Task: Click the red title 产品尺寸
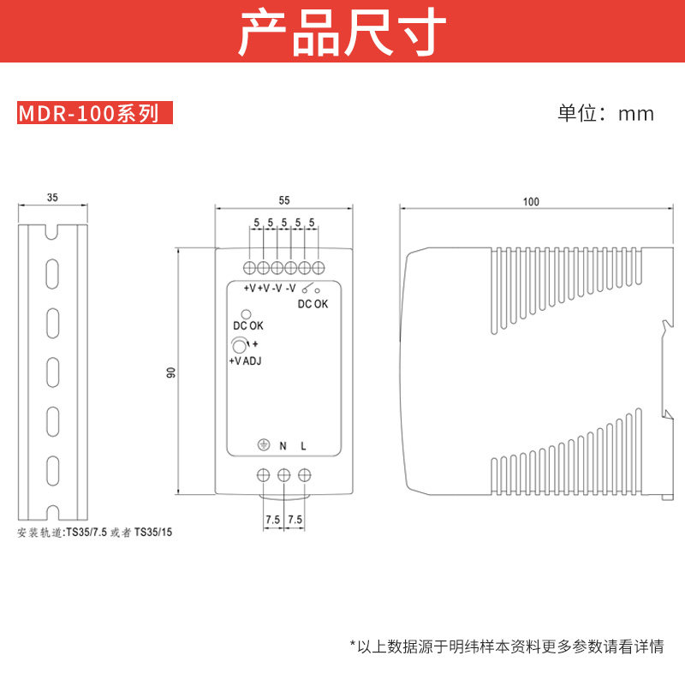coord(342,33)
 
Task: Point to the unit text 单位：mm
coord(605,113)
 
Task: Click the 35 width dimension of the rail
coord(52,197)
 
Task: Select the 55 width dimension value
coord(284,200)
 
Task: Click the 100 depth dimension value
coord(531,202)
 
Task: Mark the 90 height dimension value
coord(170,372)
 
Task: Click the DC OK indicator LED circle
coord(247,314)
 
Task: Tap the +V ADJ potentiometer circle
coord(239,346)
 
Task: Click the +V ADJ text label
coord(245,361)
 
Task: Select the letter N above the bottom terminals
coord(283,445)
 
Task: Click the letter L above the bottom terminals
coord(304,445)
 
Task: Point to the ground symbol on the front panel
coord(263,444)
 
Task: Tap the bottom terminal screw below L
coord(304,474)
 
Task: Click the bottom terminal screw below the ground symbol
coord(264,474)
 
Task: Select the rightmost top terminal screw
coord(318,266)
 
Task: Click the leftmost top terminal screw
coord(250,266)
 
